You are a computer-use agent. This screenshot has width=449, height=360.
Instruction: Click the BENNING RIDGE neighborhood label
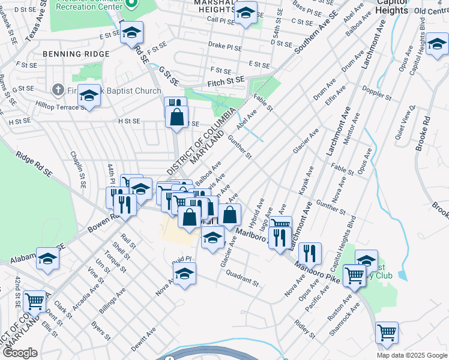pos(76,54)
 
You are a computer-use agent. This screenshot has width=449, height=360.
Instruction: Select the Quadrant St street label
pos(242,278)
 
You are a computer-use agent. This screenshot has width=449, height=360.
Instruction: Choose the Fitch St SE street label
pos(226,80)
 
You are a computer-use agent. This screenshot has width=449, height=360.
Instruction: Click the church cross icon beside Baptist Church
pos(58,91)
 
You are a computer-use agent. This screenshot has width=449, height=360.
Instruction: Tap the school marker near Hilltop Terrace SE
pos(89,97)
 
